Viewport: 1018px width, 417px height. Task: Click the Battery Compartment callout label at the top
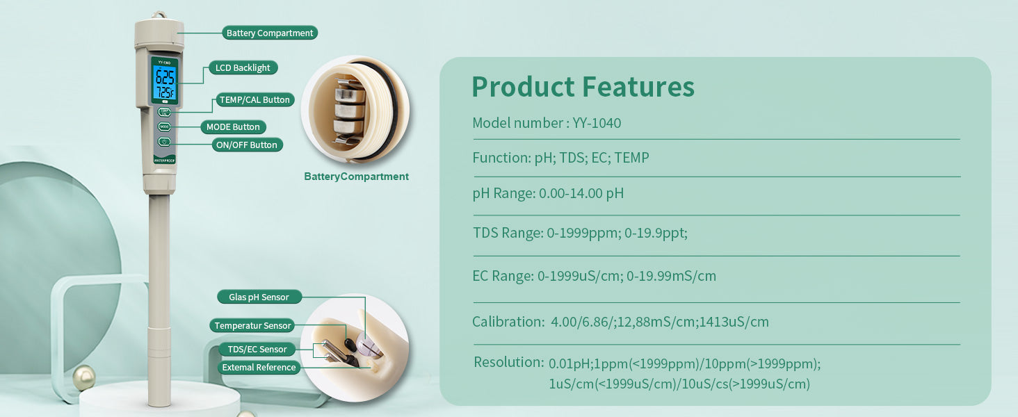pos(270,33)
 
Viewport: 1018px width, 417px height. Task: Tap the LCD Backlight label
pos(243,67)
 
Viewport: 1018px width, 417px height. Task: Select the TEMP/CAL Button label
pos(255,99)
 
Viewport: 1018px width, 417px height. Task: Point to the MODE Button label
pos(233,126)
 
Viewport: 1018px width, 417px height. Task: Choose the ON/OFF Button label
pos(247,145)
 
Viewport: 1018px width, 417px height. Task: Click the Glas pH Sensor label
pos(259,297)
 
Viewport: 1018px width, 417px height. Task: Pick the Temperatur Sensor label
pos(252,325)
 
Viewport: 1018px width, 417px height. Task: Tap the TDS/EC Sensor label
pos(257,349)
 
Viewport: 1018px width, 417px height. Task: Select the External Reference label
pos(259,367)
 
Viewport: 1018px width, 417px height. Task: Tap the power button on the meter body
pos(164,142)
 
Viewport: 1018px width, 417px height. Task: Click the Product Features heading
pos(583,86)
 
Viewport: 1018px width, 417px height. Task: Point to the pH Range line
pos(548,193)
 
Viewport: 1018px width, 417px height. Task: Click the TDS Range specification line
pos(581,233)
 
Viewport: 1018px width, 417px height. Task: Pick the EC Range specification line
pos(594,276)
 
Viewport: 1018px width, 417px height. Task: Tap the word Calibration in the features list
pos(508,322)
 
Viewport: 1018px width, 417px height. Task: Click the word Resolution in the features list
pos(508,362)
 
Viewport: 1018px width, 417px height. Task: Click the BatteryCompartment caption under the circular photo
pos(356,177)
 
